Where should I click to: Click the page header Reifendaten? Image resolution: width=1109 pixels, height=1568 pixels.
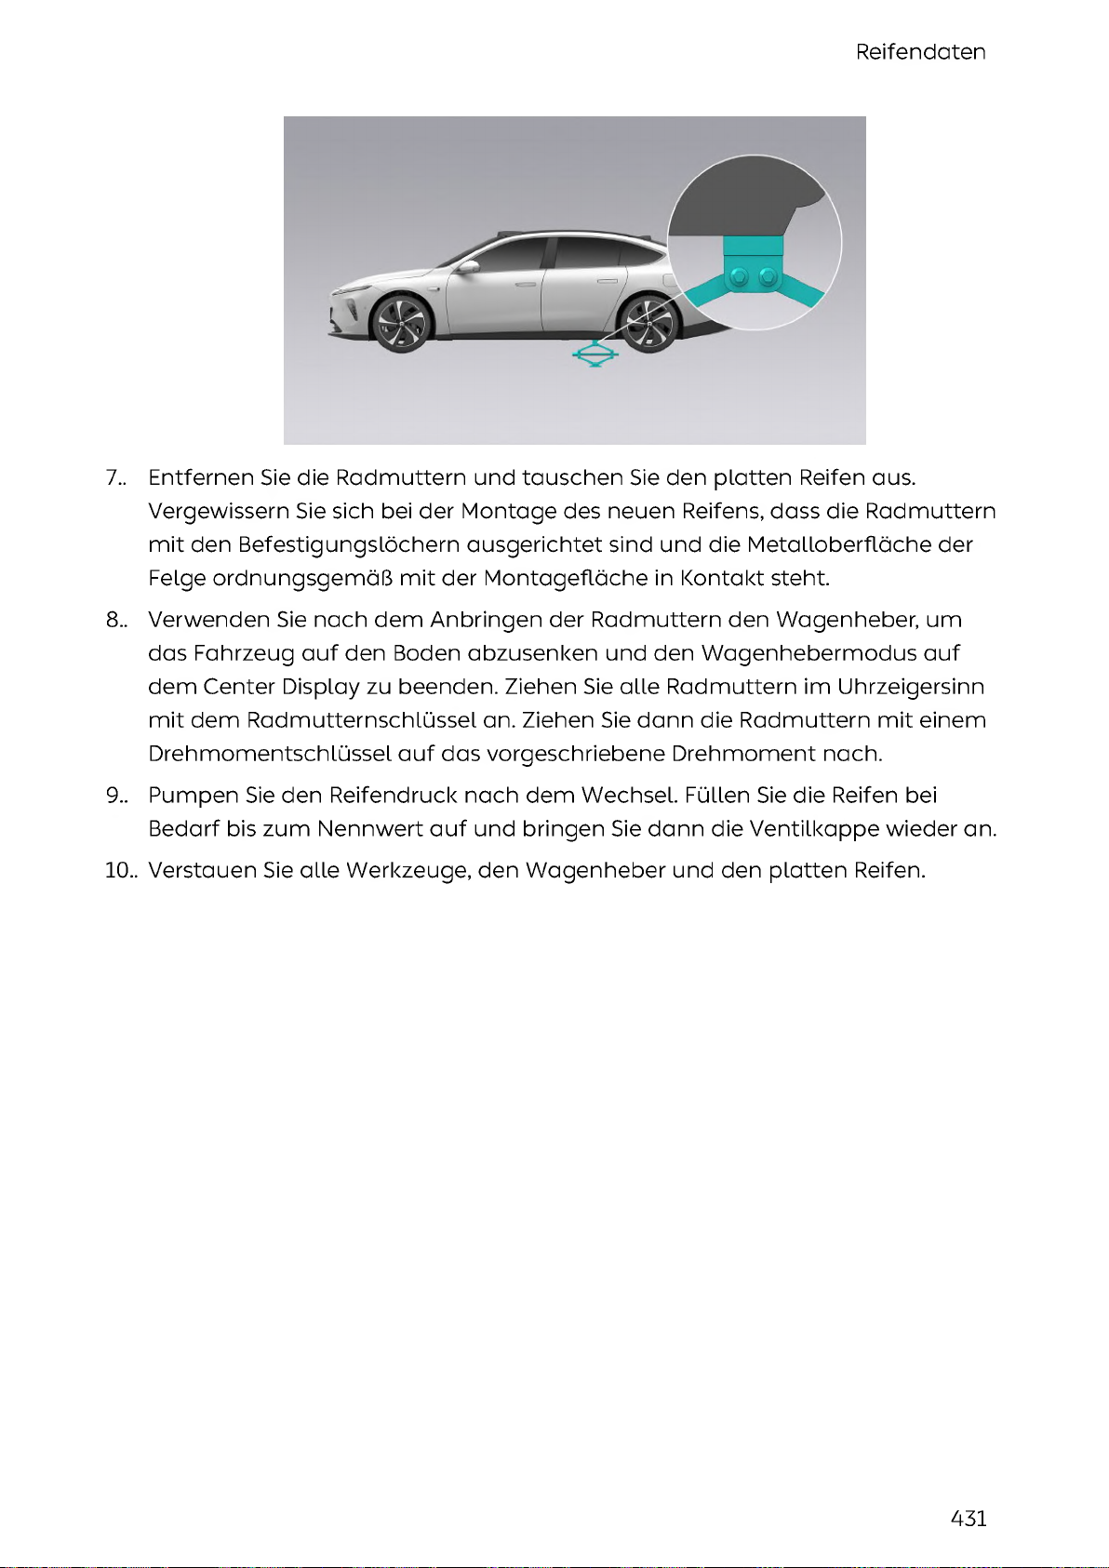tap(920, 52)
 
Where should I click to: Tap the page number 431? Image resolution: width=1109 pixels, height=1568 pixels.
tap(969, 1519)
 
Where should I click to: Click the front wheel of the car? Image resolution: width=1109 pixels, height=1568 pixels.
tap(401, 323)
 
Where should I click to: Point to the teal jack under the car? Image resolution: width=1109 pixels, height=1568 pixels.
tap(595, 355)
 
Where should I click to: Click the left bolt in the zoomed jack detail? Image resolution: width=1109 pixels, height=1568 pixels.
tap(740, 276)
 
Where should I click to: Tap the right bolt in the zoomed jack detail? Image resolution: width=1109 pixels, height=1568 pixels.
tap(768, 276)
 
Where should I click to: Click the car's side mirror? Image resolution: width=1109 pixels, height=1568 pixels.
tap(468, 267)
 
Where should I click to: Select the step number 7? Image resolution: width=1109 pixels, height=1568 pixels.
tap(115, 478)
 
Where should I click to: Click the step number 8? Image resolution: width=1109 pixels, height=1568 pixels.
tap(115, 621)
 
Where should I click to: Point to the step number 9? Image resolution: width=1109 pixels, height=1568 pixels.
tap(115, 796)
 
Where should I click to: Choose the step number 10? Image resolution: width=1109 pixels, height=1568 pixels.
tap(120, 871)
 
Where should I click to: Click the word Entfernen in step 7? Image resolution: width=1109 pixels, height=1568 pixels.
tap(201, 478)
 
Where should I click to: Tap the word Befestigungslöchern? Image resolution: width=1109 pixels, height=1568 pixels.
tap(349, 545)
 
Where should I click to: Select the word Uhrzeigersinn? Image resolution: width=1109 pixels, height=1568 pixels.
tap(911, 688)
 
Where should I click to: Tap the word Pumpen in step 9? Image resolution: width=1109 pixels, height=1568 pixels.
tap(193, 796)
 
